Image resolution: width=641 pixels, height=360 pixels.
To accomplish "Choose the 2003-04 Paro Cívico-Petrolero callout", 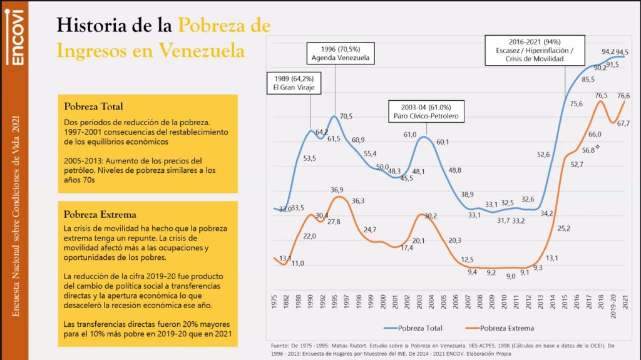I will tap(427, 111).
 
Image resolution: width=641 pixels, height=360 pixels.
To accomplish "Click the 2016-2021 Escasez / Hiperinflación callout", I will tap(535, 50).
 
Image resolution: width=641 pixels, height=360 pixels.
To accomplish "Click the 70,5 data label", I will tap(346, 116).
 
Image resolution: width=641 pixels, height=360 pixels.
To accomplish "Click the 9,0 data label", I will tap(511, 276).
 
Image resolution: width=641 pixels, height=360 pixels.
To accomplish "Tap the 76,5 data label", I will tap(601, 95).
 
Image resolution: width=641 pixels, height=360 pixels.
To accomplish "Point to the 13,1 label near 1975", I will tap(284, 259).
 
